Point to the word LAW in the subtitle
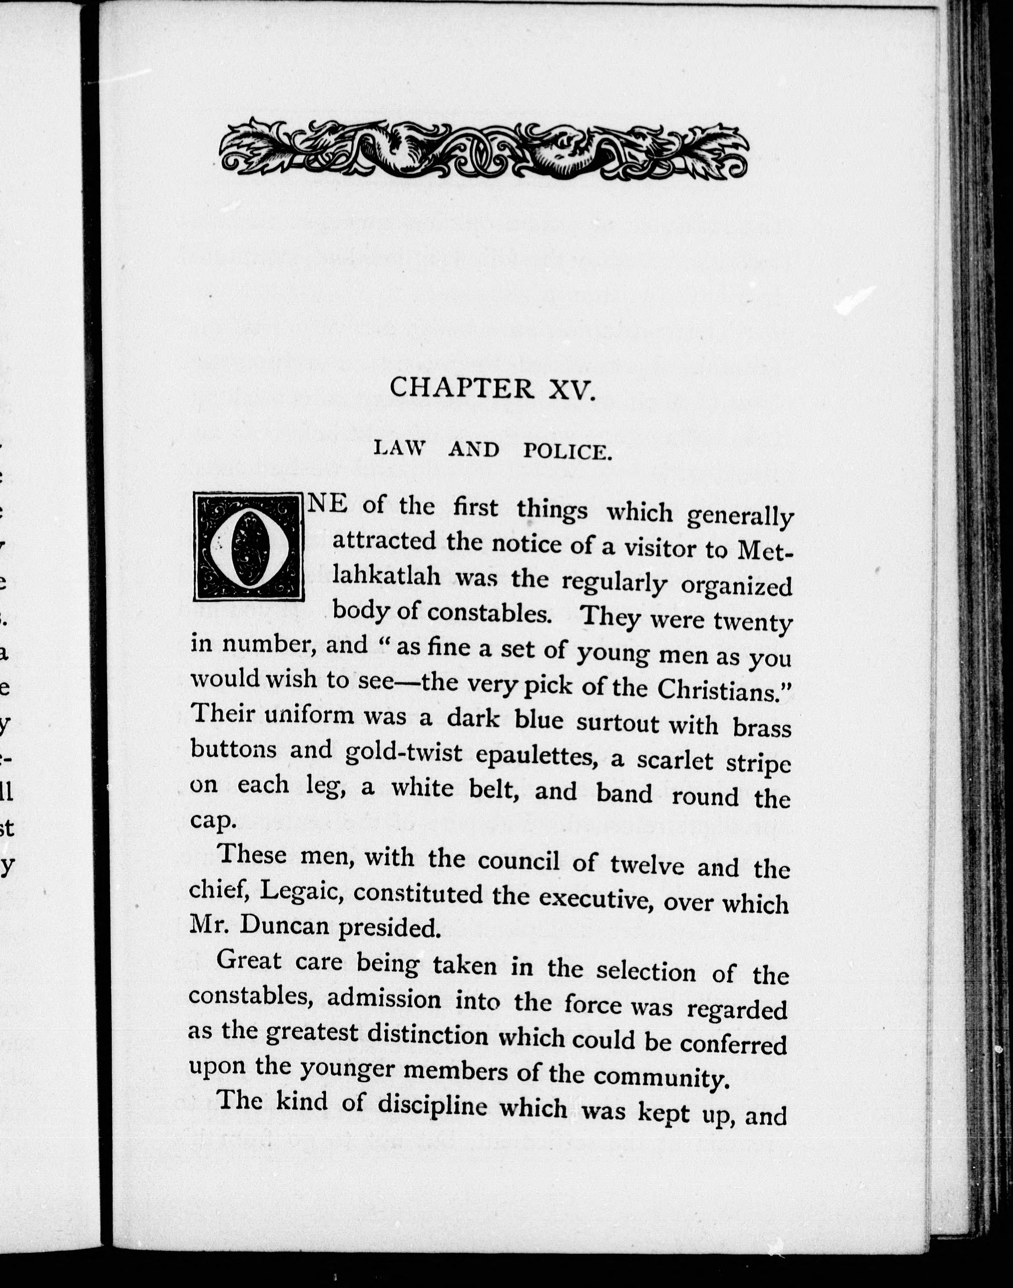click(x=400, y=449)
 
